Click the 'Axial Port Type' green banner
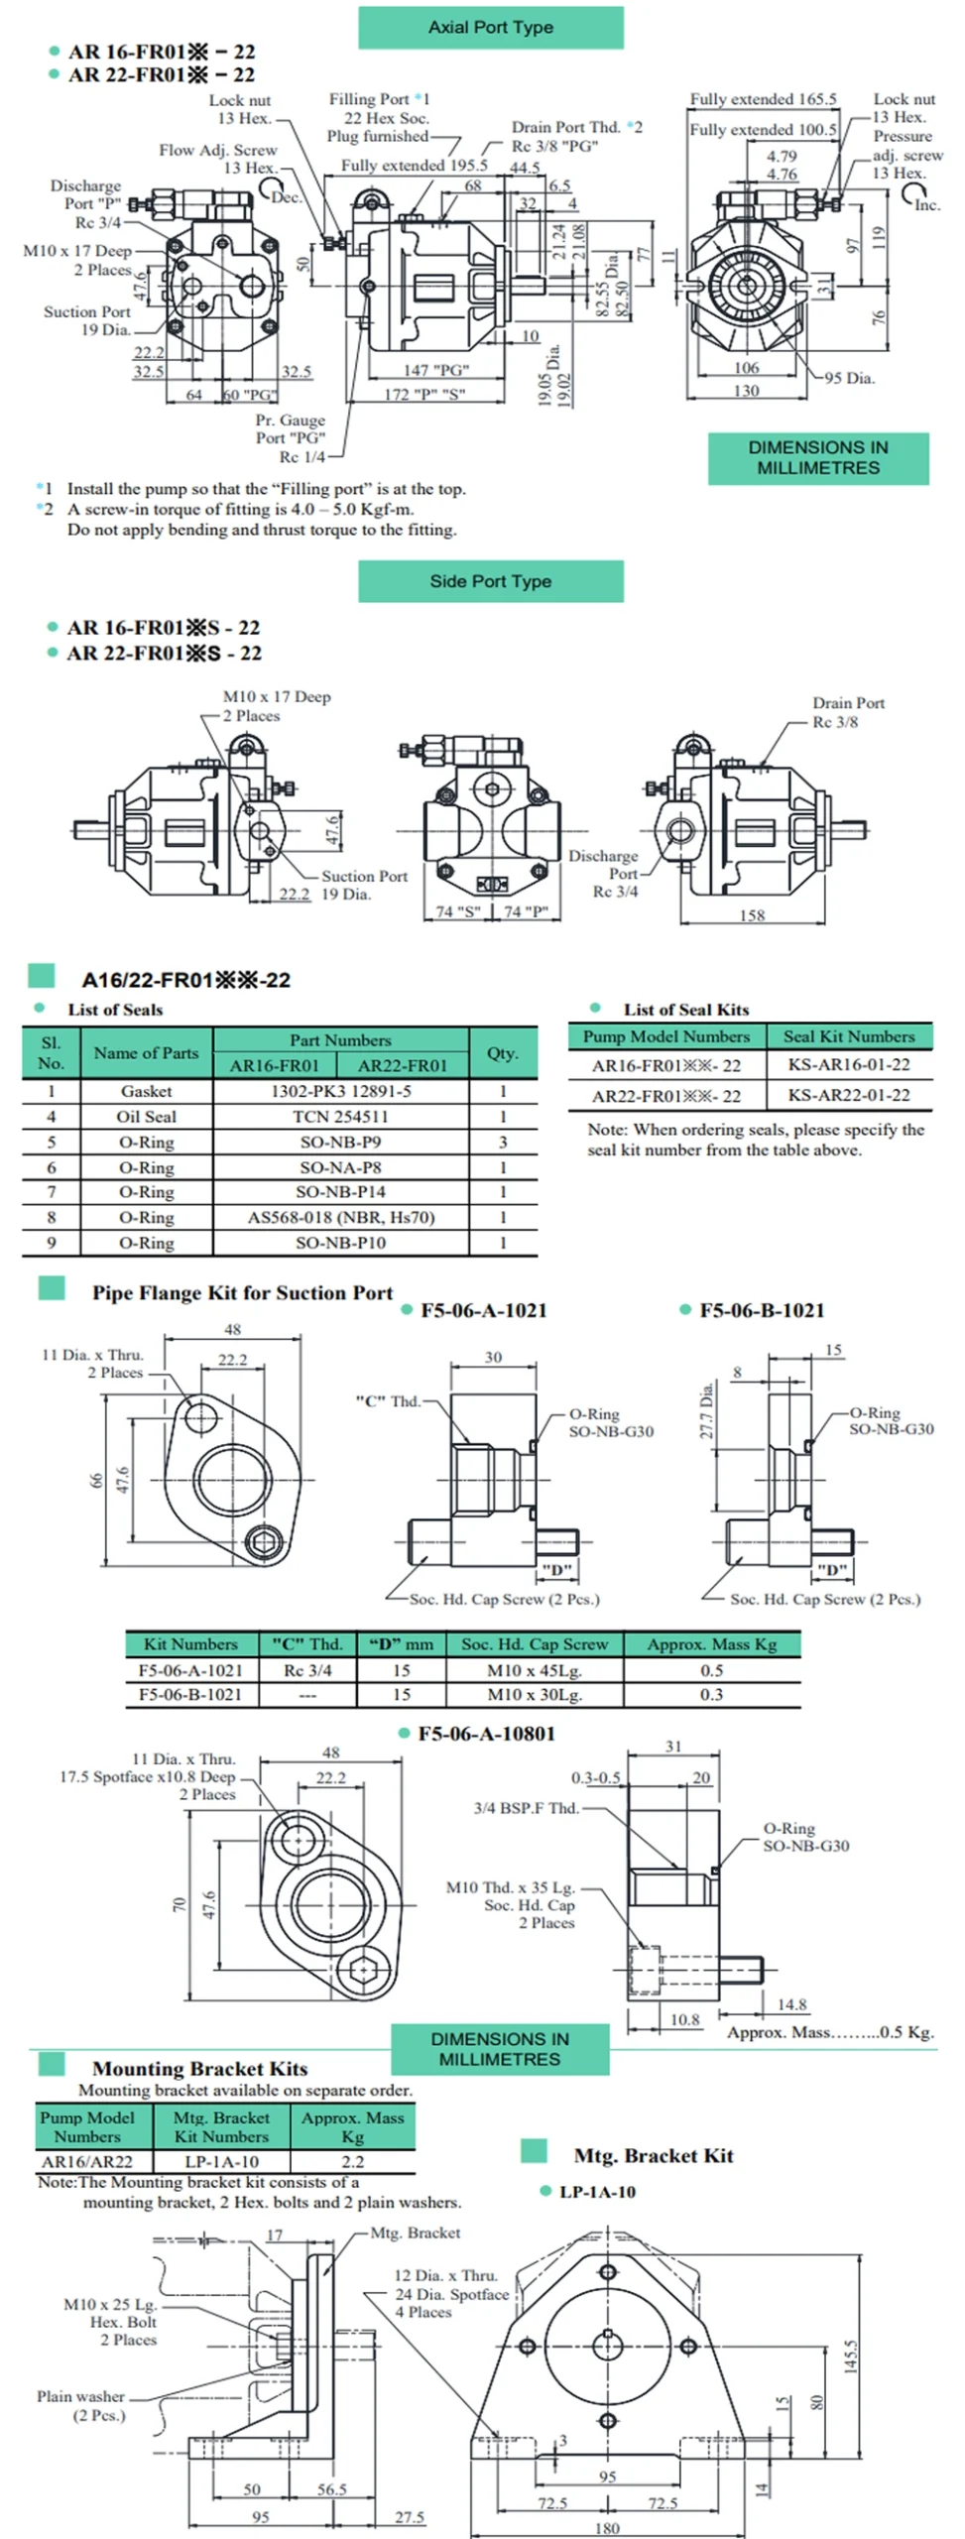point(490,28)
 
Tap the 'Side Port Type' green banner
point(490,581)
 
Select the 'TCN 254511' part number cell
point(340,1117)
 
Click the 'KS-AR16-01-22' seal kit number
point(848,1064)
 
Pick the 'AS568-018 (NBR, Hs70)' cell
point(340,1217)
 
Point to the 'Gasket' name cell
point(146,1091)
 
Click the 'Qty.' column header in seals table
point(502,1052)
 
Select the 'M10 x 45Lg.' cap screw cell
point(534,1670)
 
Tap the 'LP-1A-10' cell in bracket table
point(221,2161)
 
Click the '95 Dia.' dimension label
point(849,378)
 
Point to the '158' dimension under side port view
point(752,914)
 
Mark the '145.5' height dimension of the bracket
point(850,2356)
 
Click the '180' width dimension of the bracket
point(606,2528)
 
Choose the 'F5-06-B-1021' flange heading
point(761,1310)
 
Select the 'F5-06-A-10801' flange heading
point(486,1734)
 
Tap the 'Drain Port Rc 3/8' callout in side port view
point(848,712)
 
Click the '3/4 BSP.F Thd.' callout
point(526,1808)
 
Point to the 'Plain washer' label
point(81,2396)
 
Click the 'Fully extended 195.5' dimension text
point(414,165)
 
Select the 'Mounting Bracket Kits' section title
point(199,2069)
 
